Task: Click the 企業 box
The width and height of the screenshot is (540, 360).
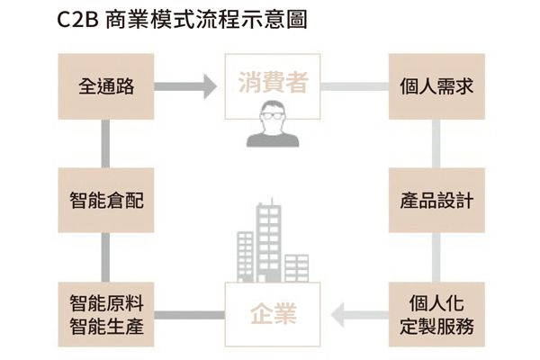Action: (x=272, y=316)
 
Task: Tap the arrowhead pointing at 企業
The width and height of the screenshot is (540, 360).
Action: (x=341, y=315)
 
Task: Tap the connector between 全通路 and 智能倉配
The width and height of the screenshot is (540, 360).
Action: (x=105, y=144)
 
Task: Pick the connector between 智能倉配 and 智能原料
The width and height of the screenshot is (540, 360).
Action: (x=105, y=257)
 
